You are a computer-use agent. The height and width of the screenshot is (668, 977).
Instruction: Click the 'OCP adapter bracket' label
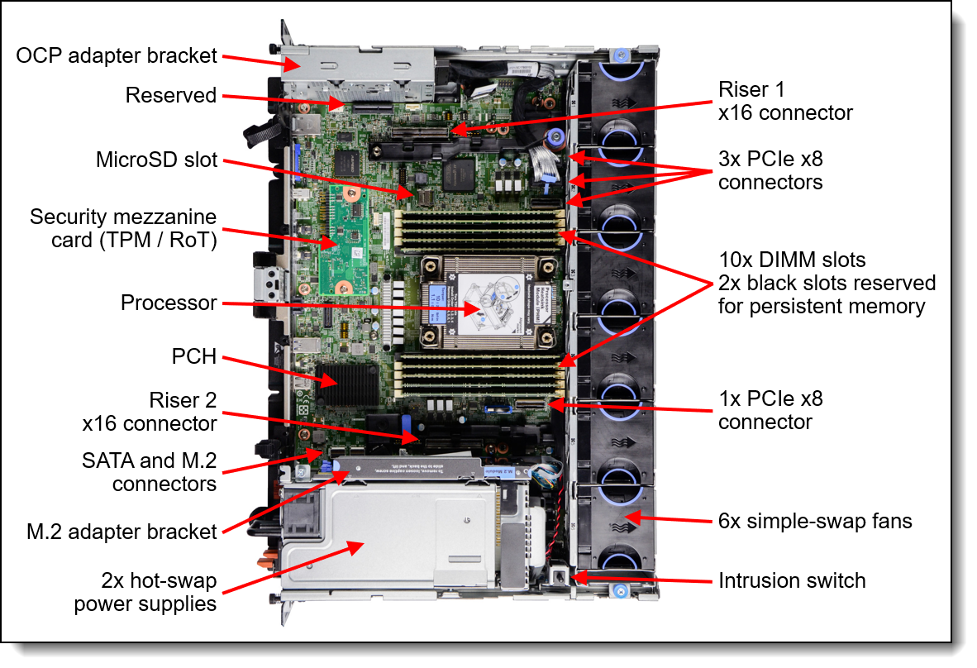pyautogui.click(x=117, y=56)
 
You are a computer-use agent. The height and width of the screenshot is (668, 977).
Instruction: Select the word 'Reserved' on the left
pyautogui.click(x=170, y=96)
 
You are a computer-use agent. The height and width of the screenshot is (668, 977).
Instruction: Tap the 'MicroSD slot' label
pyautogui.click(x=156, y=160)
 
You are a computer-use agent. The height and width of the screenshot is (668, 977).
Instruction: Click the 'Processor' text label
pyautogui.click(x=169, y=303)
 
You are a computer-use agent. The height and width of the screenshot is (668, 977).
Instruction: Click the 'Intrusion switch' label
pyautogui.click(x=792, y=580)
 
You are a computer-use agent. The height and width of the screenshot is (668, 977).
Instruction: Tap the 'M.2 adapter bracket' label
pyautogui.click(x=122, y=532)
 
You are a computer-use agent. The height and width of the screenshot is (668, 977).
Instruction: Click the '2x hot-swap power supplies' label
pyautogui.click(x=145, y=592)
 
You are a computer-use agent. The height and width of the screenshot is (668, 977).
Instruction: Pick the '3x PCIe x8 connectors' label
pyautogui.click(x=770, y=170)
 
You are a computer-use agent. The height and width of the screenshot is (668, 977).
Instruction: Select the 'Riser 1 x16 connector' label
pyautogui.click(x=785, y=101)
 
